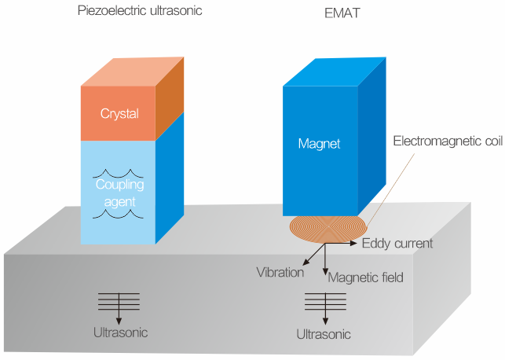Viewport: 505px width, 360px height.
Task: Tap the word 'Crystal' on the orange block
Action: tap(119, 113)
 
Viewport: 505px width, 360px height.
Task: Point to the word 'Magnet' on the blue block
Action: tap(317, 143)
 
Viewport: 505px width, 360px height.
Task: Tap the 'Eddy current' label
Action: tap(397, 244)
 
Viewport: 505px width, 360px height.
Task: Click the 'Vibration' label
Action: tap(280, 273)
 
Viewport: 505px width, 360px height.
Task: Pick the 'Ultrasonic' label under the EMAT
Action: tap(324, 334)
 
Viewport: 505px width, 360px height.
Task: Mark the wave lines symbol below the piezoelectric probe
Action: tap(119, 301)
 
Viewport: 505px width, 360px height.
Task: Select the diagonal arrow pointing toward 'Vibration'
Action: tap(313, 254)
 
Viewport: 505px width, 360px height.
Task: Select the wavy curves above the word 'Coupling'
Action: tap(118, 174)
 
